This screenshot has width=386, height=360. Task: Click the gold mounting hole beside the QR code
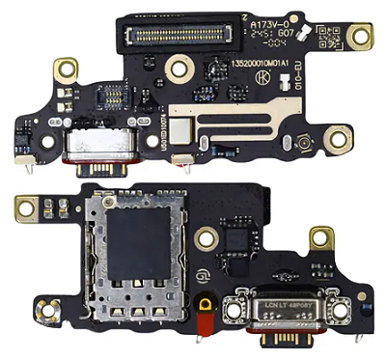click(362, 37)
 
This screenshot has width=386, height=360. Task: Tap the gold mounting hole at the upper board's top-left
click(65, 69)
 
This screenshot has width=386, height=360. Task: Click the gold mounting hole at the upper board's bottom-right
click(339, 141)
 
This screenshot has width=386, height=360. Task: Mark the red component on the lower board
click(206, 318)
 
